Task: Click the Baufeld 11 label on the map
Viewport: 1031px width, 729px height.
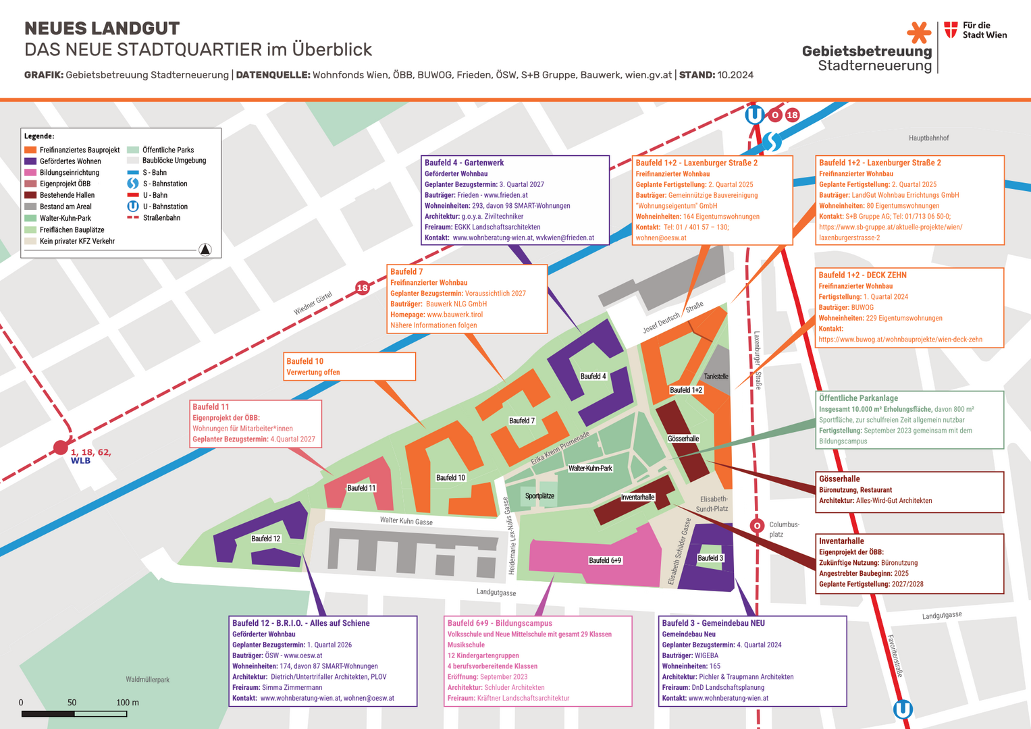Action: point(361,488)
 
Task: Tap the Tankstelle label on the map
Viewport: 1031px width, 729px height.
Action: point(716,377)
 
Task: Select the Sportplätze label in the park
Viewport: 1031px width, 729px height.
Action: point(539,495)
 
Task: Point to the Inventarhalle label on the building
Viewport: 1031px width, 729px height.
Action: point(637,497)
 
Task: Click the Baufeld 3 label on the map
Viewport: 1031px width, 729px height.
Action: point(710,558)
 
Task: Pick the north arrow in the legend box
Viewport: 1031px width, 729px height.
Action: point(205,250)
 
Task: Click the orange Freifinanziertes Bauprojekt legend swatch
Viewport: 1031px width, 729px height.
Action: point(30,150)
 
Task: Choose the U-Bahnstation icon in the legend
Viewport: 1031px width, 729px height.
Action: point(133,206)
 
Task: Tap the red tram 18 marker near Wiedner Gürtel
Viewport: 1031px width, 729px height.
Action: point(363,288)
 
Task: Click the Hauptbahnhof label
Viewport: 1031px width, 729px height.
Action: point(928,138)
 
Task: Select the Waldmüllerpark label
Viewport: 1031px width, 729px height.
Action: point(147,679)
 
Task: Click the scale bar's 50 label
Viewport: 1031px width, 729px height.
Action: point(72,703)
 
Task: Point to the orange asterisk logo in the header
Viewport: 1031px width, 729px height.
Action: point(919,32)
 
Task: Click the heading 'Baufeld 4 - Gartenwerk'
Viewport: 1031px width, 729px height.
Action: point(464,163)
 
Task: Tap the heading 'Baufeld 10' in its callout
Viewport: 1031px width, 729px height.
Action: point(305,361)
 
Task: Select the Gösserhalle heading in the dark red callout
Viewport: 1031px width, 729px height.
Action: point(839,479)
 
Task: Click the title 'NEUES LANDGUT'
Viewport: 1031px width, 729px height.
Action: point(102,28)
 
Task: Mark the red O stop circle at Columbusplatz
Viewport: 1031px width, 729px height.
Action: point(757,526)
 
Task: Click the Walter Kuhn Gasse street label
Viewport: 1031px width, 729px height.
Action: point(406,520)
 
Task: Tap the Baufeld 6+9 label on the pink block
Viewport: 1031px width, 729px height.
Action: point(605,560)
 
